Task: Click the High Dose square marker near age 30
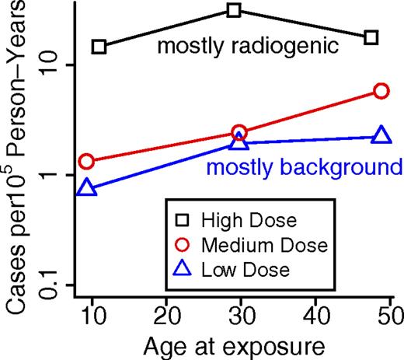[x=234, y=10]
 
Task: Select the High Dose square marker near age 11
[x=99, y=47]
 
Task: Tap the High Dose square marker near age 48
[x=371, y=37]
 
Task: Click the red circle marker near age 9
[x=87, y=161]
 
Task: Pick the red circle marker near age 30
[x=239, y=133]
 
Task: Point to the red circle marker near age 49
[x=381, y=91]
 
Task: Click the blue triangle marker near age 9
[x=87, y=189]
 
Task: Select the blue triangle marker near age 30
[x=239, y=142]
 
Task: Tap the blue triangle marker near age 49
[x=381, y=136]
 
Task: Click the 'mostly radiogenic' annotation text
[x=248, y=47]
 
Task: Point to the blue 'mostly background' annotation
[x=304, y=168]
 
